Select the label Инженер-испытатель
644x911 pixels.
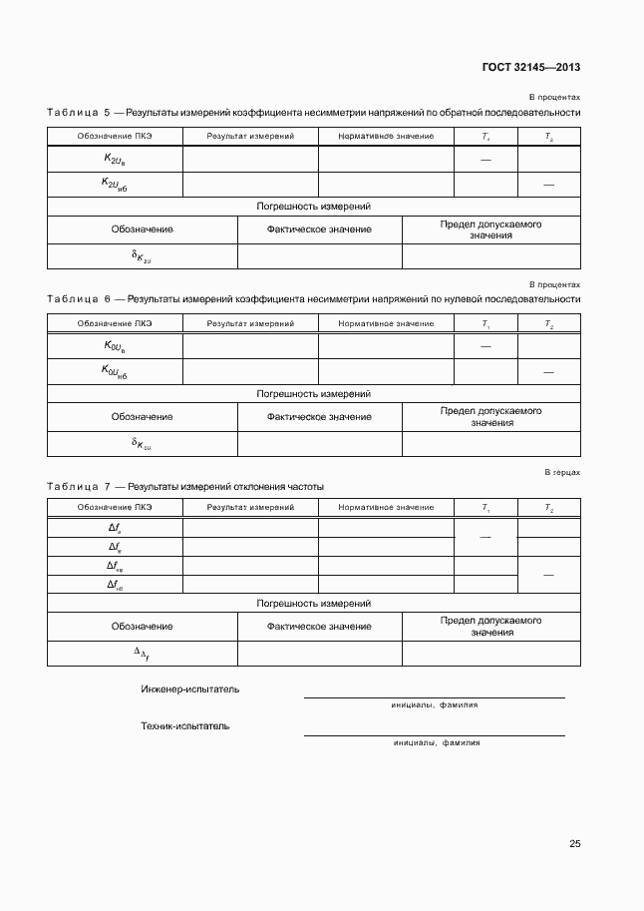click(190, 688)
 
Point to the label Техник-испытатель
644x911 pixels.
click(185, 725)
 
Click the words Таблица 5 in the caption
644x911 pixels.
click(79, 113)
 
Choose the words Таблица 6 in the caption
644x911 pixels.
click(79, 298)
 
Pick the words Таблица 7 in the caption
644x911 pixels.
click(79, 486)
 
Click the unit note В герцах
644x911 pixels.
click(562, 471)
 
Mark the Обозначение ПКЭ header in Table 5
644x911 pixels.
click(115, 136)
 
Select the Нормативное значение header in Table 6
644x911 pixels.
click(386, 323)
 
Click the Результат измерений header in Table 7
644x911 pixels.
click(250, 507)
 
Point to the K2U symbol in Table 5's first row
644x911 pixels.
click(115, 159)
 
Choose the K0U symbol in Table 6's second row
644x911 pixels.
click(115, 371)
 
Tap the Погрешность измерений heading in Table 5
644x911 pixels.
click(314, 207)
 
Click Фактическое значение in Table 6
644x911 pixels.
click(319, 417)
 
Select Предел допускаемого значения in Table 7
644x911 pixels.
click(490, 626)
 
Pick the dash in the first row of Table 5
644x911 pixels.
click(485, 160)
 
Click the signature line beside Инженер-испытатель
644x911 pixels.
click(434, 696)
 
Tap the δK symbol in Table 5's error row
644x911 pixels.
click(142, 256)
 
